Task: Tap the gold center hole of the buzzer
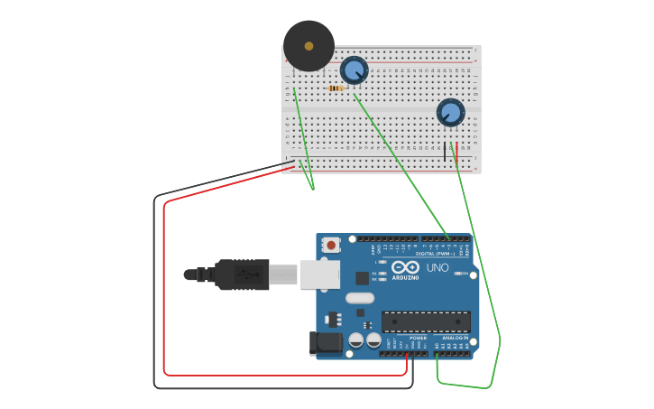tap(309, 45)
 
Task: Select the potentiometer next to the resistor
tap(354, 70)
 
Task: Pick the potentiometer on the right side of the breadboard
tap(450, 113)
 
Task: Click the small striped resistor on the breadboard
tap(337, 88)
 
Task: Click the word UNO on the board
tap(438, 268)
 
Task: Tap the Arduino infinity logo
tap(405, 267)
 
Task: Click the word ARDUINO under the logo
tap(405, 278)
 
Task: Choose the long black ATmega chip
tap(426, 321)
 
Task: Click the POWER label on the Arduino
tap(418, 339)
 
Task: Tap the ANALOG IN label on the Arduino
tap(455, 339)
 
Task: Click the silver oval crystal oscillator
tap(359, 299)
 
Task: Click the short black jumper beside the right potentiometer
tap(445, 151)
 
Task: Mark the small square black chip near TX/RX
tap(362, 279)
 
